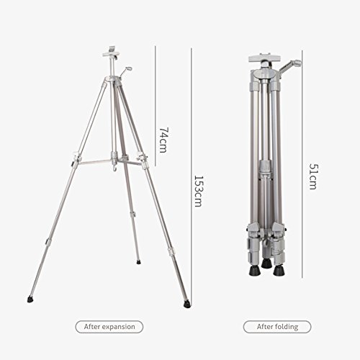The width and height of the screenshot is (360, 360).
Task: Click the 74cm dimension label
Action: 163,140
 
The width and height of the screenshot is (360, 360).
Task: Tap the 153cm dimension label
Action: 199,192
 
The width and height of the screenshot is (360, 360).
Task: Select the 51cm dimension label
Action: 313,176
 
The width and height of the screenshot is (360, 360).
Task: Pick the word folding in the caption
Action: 287,327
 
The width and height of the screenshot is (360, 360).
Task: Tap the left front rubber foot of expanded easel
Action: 30,300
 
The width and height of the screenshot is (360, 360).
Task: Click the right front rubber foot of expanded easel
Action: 186,305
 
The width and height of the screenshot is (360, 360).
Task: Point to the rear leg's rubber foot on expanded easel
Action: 138,262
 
